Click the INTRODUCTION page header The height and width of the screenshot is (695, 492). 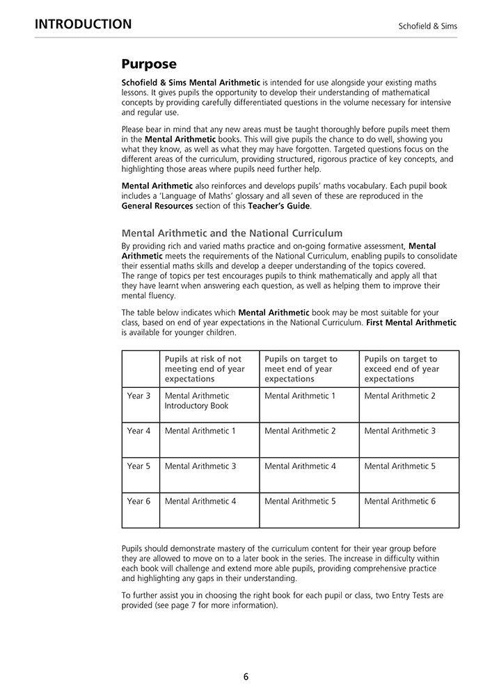point(83,24)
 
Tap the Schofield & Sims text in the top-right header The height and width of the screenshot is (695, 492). point(427,26)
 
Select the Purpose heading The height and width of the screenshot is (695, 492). point(149,65)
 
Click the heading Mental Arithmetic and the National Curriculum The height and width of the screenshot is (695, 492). point(232,233)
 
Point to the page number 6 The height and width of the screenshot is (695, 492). point(246,676)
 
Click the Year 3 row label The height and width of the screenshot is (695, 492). point(138,396)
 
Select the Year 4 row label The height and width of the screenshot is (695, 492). point(138,431)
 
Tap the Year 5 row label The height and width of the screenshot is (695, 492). point(138,466)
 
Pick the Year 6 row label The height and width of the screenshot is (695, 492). point(138,501)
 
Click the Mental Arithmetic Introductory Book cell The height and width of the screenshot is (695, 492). point(197,401)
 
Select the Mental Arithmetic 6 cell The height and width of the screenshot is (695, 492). point(399,501)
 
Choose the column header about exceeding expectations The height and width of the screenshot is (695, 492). point(402,369)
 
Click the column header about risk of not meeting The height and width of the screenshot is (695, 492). point(205,369)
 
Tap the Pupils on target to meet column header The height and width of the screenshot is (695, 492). point(301,369)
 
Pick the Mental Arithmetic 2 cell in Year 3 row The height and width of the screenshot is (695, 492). point(399,396)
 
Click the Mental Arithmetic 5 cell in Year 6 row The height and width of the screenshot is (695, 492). point(300,501)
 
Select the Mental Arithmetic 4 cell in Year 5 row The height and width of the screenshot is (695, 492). point(300,466)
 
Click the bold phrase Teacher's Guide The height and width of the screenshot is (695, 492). point(280,206)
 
